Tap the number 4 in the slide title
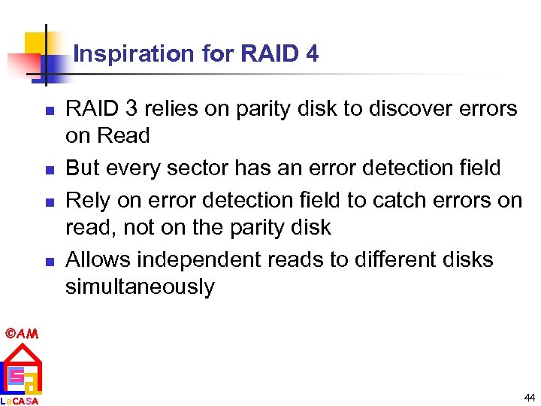312,54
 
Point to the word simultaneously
140,287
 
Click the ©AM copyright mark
21,333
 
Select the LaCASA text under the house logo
20,401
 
